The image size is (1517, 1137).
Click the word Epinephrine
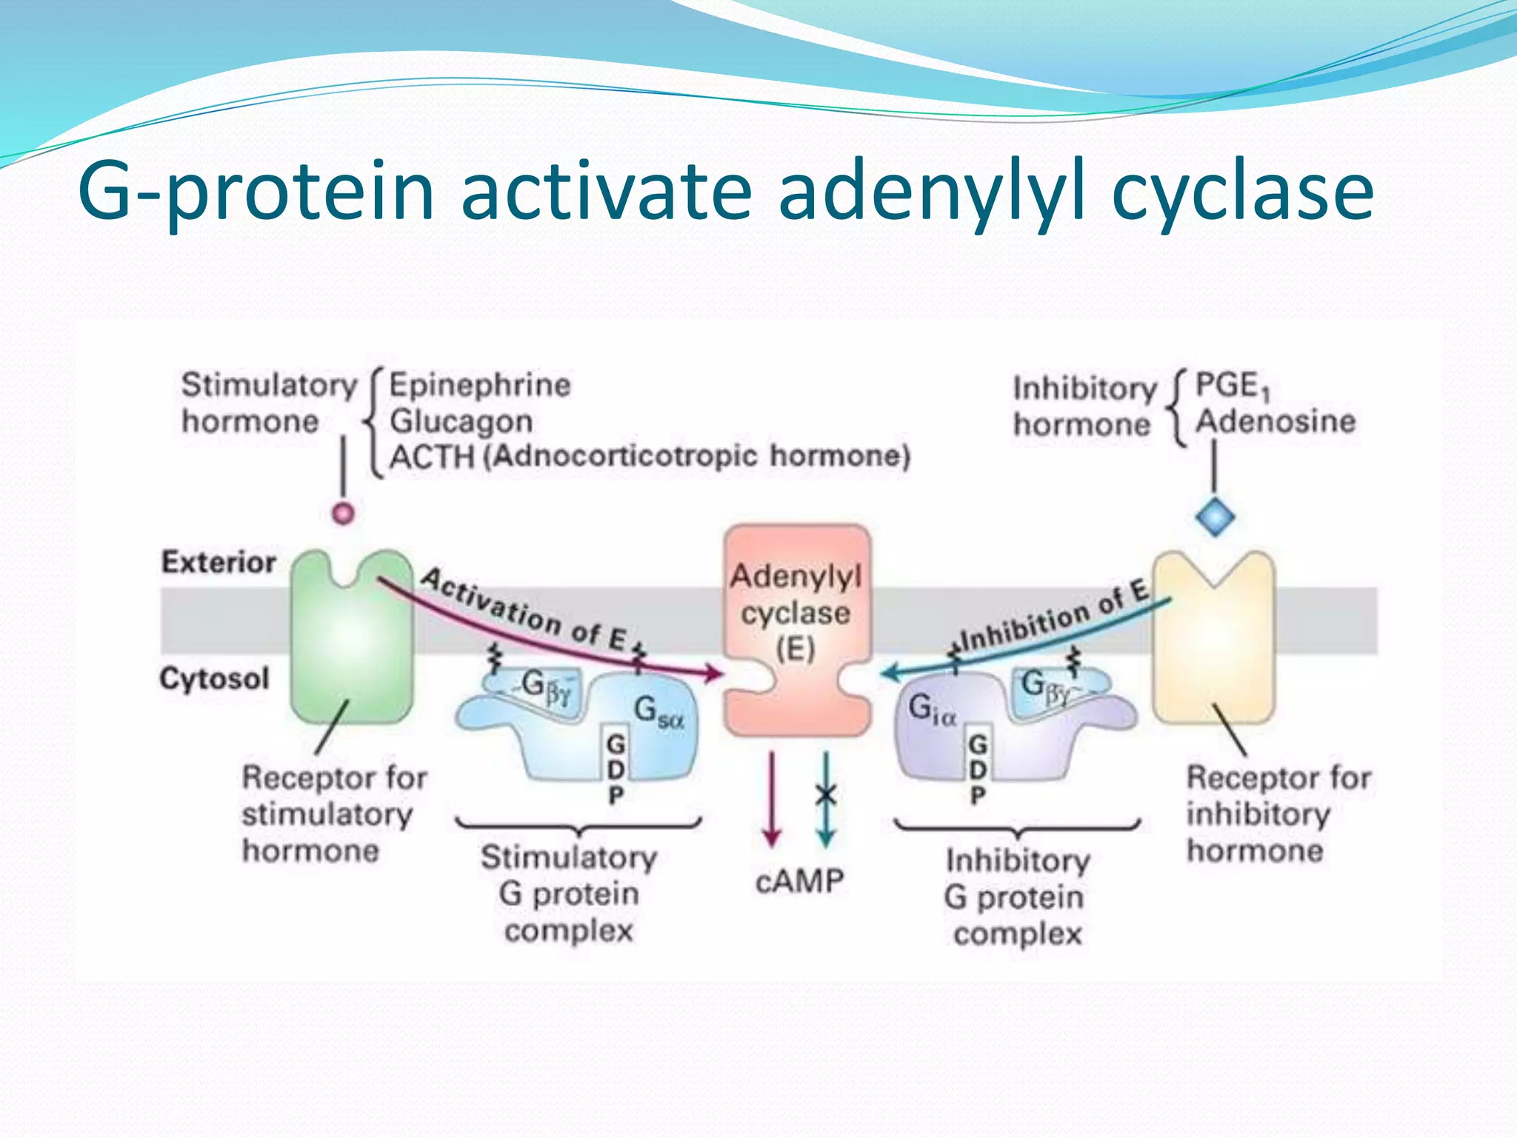pos(480,385)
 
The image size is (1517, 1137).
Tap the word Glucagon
pos(461,421)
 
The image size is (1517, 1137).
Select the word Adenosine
pos(1276,421)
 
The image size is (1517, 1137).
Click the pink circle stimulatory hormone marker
pos(343,513)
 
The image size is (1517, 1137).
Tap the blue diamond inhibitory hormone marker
pos(1215,517)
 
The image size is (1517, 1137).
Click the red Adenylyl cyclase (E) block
pos(796,629)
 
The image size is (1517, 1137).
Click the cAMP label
pos(799,882)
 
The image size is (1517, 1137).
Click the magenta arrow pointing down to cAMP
pos(771,799)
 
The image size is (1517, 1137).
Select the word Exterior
pos(219,563)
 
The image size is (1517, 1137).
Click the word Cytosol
pos(214,679)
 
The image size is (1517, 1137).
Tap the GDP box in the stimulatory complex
pos(615,766)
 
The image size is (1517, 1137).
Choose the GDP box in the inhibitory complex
pos(978,766)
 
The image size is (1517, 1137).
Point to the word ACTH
pos(432,457)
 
